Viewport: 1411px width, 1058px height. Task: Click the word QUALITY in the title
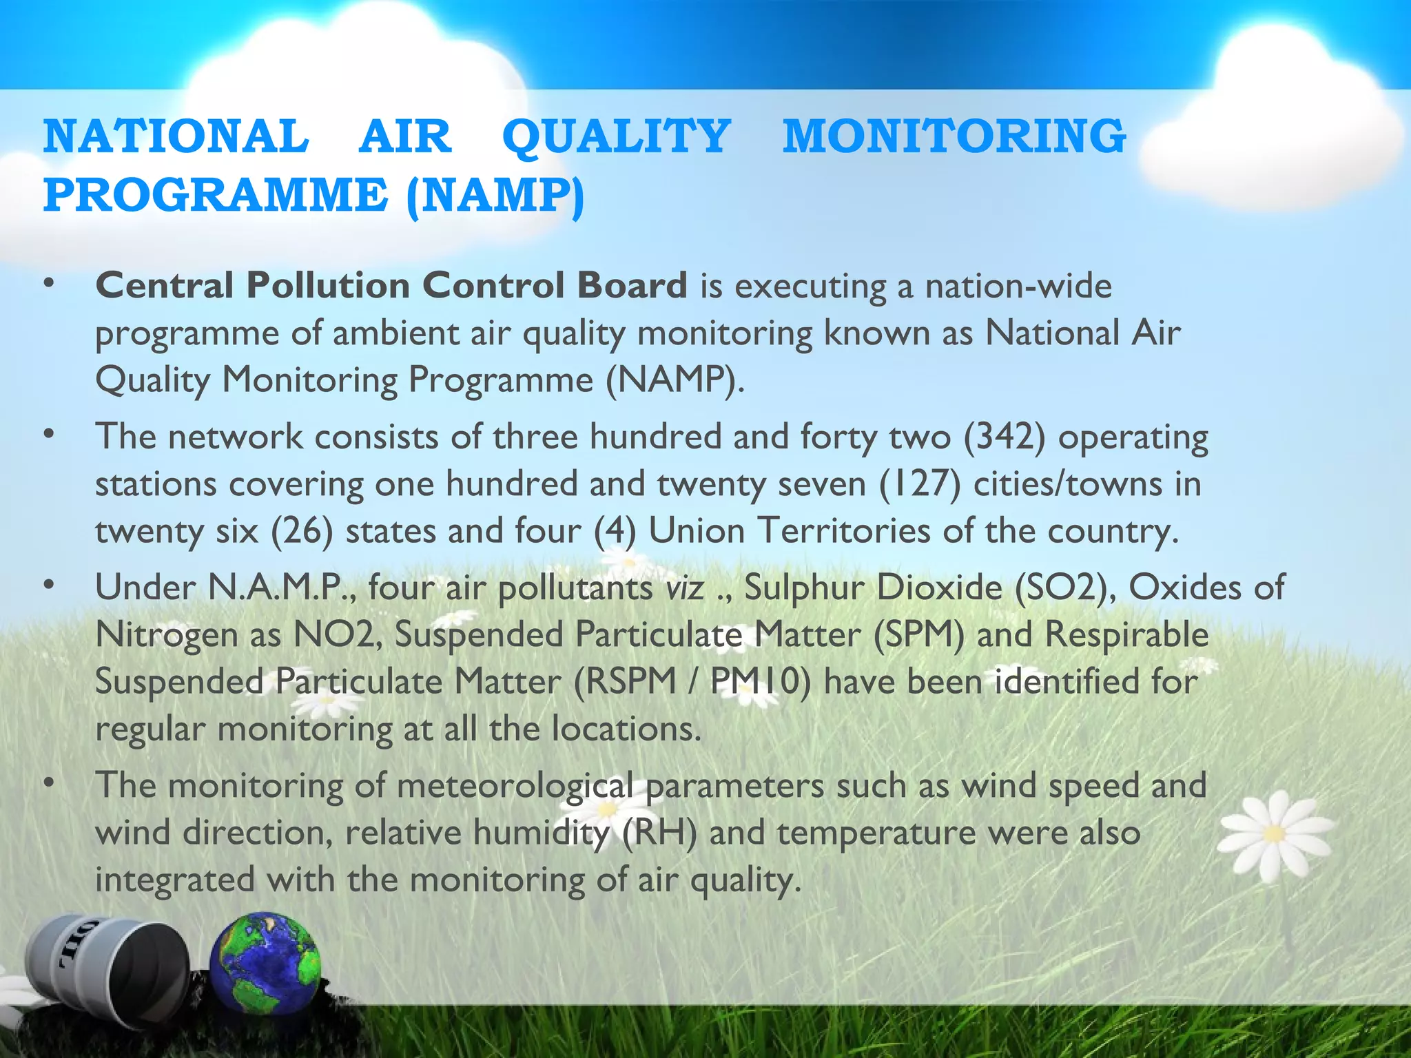point(616,136)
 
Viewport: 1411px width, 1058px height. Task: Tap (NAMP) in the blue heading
point(495,196)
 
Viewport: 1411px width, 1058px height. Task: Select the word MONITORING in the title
point(954,136)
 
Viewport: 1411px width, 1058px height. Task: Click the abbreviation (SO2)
point(1065,588)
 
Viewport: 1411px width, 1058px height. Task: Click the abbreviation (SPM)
point(919,635)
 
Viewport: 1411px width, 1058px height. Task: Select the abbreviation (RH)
point(659,833)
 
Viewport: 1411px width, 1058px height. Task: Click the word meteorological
point(515,786)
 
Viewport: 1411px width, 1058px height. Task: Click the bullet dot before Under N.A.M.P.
point(48,586)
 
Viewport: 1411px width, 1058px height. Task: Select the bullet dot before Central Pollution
point(48,284)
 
